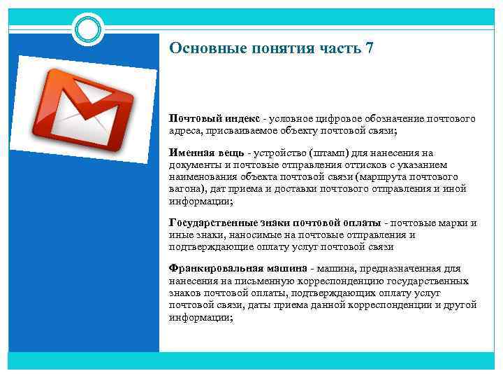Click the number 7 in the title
[x=369, y=48]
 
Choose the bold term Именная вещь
[x=207, y=153]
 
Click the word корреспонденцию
[x=312, y=281]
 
